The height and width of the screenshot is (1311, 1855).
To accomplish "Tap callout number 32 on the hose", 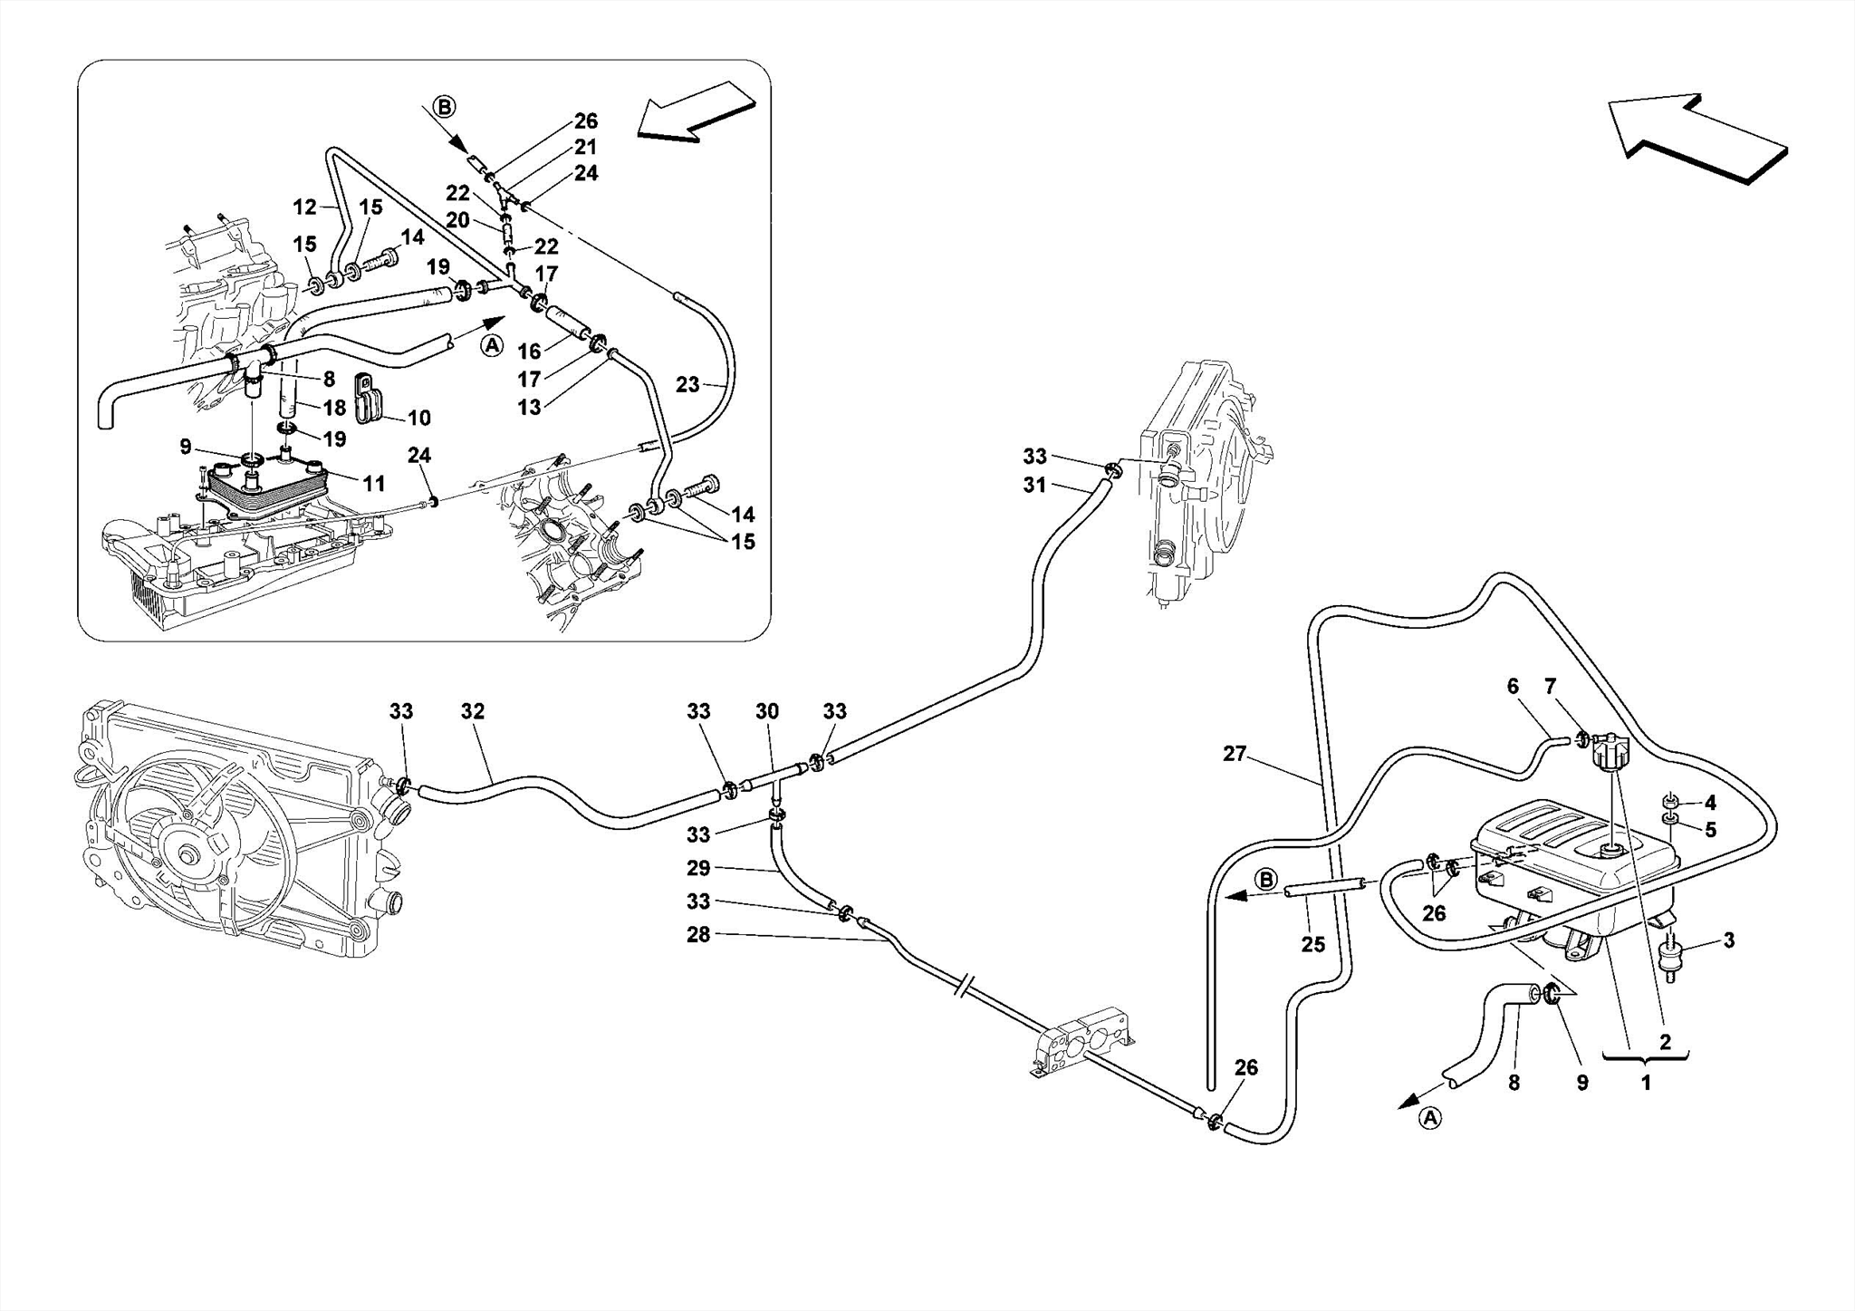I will [473, 712].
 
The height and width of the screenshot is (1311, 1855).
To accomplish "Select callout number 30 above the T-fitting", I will [767, 712].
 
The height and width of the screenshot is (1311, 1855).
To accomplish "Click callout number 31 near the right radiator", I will [1034, 486].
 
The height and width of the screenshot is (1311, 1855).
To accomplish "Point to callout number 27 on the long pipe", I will [1235, 754].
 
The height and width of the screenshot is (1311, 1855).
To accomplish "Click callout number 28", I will [698, 934].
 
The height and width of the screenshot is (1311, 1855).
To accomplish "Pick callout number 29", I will [698, 868].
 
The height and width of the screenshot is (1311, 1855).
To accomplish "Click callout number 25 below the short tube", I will [1313, 945].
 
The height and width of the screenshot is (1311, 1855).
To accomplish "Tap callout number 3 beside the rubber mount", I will [1729, 940].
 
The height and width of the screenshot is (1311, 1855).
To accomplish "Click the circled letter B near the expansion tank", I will [1266, 880].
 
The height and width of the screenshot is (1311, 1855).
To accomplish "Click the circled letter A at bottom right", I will [1429, 1119].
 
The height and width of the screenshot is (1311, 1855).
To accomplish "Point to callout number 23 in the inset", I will [687, 385].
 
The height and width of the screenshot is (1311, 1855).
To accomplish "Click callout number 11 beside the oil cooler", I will [374, 485].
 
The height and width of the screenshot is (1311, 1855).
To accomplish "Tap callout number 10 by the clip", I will [418, 418].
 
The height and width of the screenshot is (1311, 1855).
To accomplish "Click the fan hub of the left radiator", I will [190, 856].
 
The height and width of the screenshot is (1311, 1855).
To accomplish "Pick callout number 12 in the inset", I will [304, 207].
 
